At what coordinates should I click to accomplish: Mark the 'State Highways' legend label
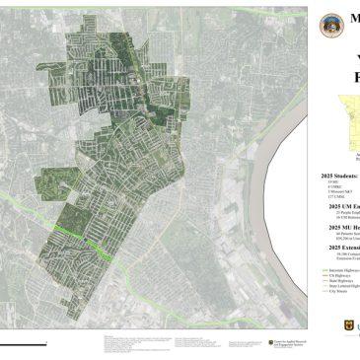[340, 280]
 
